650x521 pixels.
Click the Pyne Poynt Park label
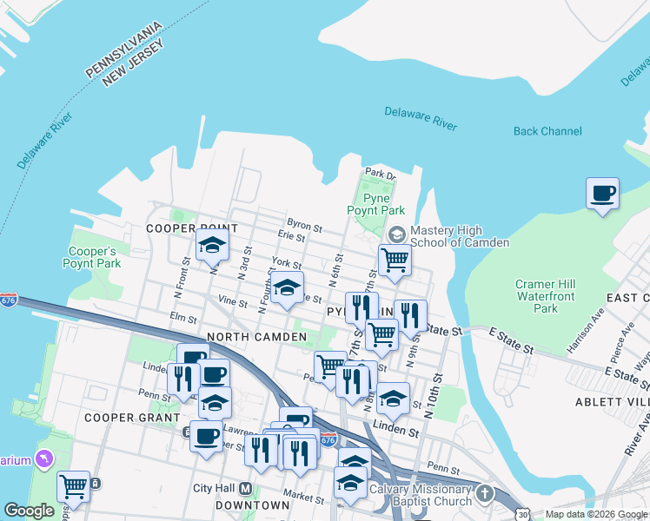(376, 204)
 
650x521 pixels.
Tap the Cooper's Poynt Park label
(92, 257)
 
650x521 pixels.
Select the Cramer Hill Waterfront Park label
(547, 296)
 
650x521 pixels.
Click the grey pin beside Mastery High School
(396, 234)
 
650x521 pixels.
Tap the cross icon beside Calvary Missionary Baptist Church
(485, 493)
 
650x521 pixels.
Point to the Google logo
(29, 511)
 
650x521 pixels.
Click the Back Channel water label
(547, 131)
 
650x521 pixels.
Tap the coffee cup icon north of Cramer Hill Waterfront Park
(602, 193)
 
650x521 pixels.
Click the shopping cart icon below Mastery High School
(395, 258)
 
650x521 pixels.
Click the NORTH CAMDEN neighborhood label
(256, 336)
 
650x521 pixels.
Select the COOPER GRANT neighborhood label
(120, 418)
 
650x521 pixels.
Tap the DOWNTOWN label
(252, 505)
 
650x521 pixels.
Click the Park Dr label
(380, 174)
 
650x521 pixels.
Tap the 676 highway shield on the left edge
(8, 300)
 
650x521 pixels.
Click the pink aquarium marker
(43, 458)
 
